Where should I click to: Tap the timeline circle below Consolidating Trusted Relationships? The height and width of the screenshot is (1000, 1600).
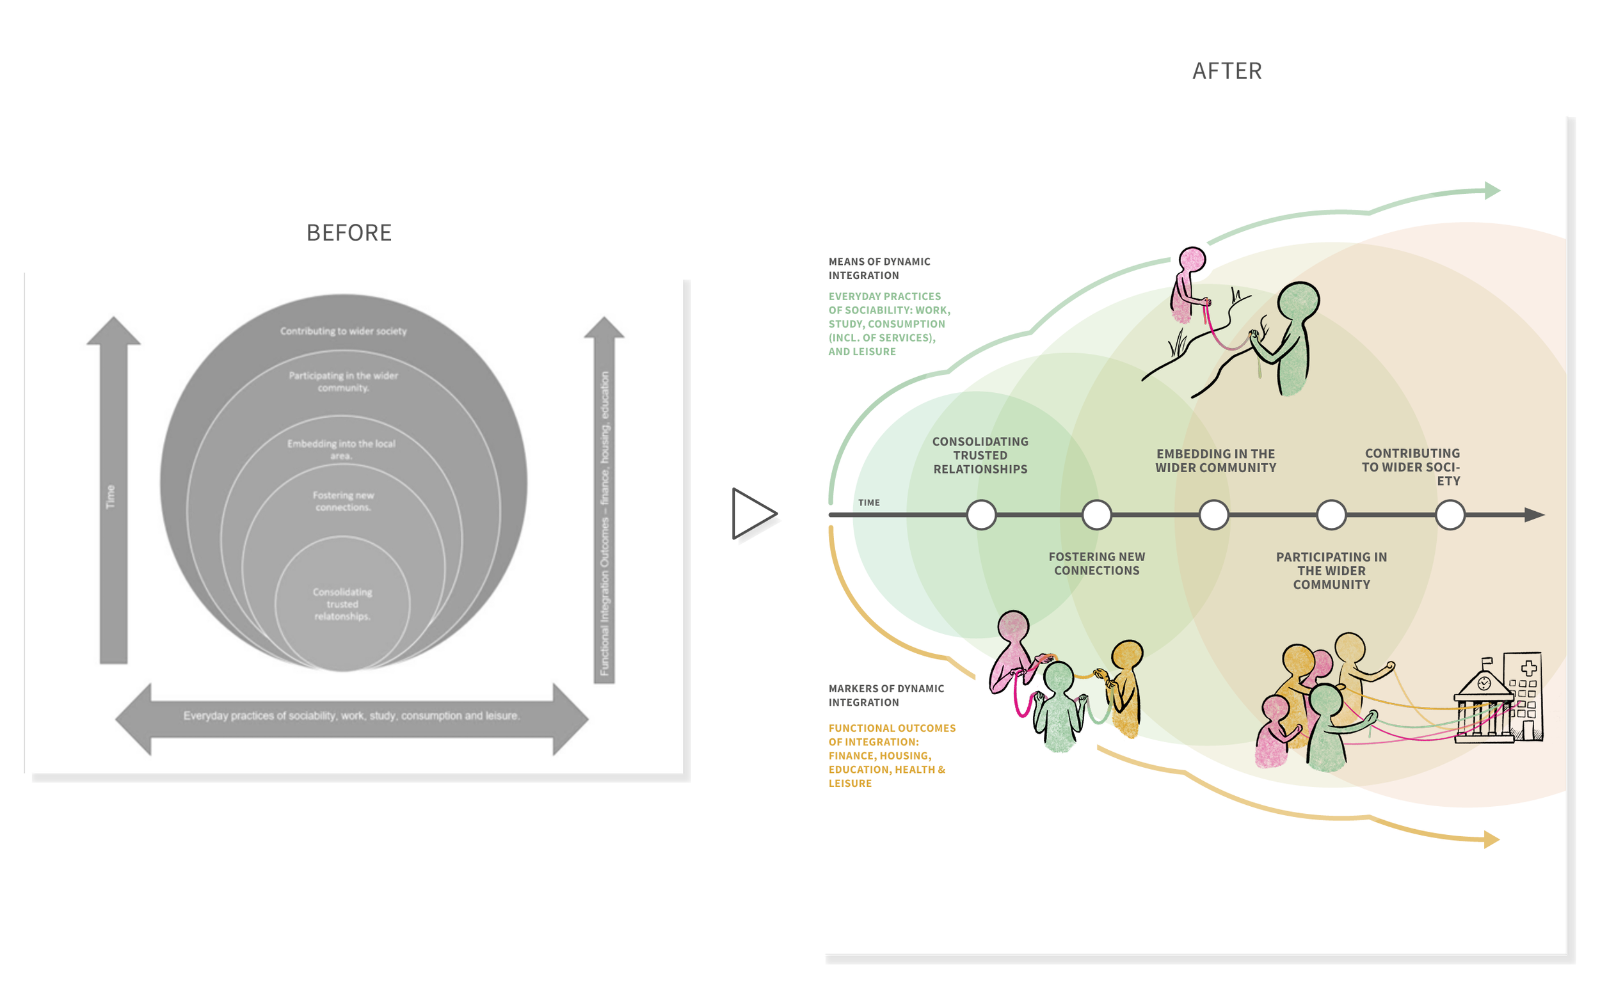pyautogui.click(x=981, y=514)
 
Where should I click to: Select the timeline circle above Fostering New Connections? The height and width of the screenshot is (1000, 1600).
pyautogui.click(x=1097, y=514)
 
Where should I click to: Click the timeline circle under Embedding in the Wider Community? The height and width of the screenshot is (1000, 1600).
pyautogui.click(x=1213, y=514)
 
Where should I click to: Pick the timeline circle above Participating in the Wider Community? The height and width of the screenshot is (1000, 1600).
pyautogui.click(x=1331, y=514)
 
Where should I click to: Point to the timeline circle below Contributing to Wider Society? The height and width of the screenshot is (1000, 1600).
pyautogui.click(x=1450, y=514)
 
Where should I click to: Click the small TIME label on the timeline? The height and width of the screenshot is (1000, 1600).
pyautogui.click(x=868, y=503)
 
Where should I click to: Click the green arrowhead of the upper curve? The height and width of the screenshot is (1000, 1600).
pyautogui.click(x=1492, y=191)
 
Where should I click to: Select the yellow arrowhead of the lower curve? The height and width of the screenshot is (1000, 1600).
pyautogui.click(x=1492, y=839)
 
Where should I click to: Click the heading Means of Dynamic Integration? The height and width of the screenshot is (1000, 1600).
pyautogui.click(x=879, y=269)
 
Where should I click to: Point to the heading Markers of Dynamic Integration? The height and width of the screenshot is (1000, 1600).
pyautogui.click(x=886, y=695)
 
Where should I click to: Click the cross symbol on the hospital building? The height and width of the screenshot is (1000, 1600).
pyautogui.click(x=1528, y=668)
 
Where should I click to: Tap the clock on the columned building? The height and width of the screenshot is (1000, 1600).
pyautogui.click(x=1484, y=683)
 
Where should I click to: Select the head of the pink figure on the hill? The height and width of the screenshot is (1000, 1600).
pyautogui.click(x=1192, y=259)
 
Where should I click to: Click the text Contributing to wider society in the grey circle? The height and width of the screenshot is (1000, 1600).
pyautogui.click(x=343, y=331)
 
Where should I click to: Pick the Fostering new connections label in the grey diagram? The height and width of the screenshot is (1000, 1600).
pyautogui.click(x=343, y=502)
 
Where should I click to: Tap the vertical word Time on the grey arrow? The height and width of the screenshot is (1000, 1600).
pyautogui.click(x=111, y=496)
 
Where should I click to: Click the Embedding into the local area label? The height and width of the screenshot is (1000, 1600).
pyautogui.click(x=341, y=449)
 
